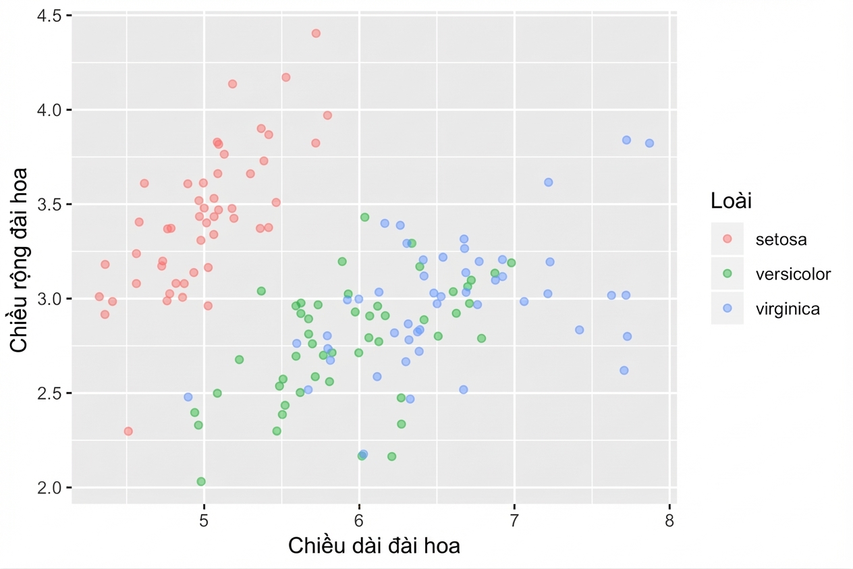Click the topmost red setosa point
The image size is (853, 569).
pyautogui.click(x=316, y=34)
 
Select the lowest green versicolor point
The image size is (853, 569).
pyautogui.click(x=201, y=481)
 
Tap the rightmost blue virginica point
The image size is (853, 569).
pyautogui.click(x=649, y=143)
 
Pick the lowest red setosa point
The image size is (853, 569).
pyautogui.click(x=128, y=431)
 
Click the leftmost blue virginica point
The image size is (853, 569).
pyautogui.click(x=188, y=397)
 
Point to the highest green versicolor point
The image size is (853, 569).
pyautogui.click(x=364, y=217)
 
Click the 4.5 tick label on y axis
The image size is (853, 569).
pyautogui.click(x=49, y=16)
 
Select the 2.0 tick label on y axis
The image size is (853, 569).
pyautogui.click(x=49, y=488)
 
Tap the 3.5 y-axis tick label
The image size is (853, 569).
pyautogui.click(x=49, y=205)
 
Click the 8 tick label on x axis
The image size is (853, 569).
pyautogui.click(x=669, y=520)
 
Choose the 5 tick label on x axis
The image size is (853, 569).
pyautogui.click(x=204, y=520)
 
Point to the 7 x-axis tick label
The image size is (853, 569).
pyautogui.click(x=514, y=520)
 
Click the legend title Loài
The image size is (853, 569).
pyautogui.click(x=731, y=200)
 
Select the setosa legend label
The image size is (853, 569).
pyautogui.click(x=781, y=240)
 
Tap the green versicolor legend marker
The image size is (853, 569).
pyautogui.click(x=727, y=273)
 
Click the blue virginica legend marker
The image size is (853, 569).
pyautogui.click(x=727, y=308)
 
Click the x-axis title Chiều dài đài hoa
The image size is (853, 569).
pyautogui.click(x=374, y=546)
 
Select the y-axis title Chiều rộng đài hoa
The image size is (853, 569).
pyautogui.click(x=19, y=261)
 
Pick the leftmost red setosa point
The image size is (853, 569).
pyautogui.click(x=99, y=297)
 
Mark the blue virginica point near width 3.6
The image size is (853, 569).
pyautogui.click(x=548, y=182)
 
